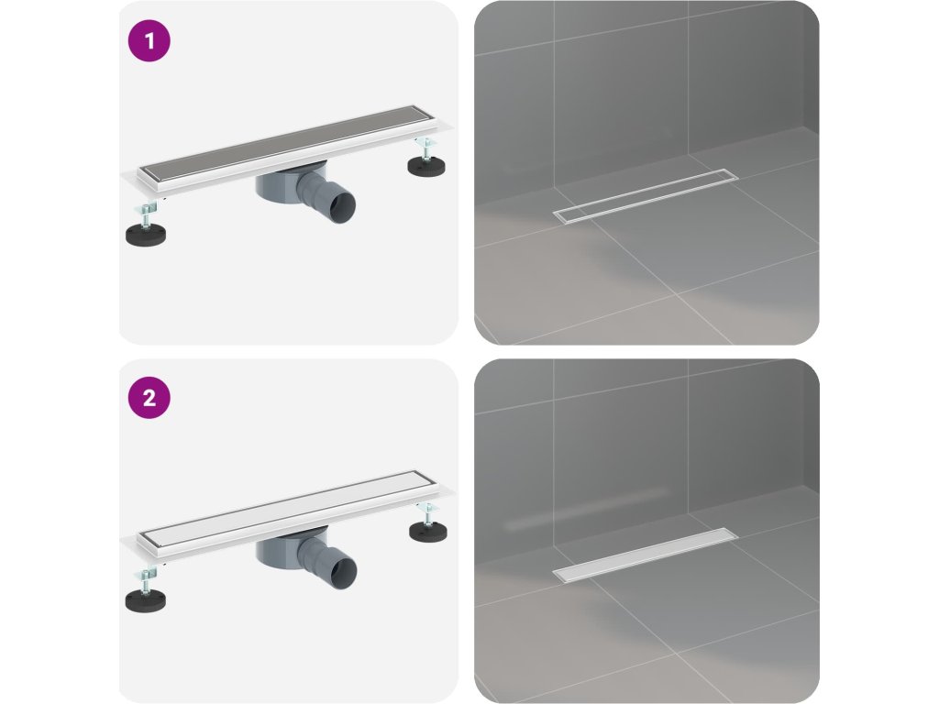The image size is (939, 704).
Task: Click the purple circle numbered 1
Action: (149, 40)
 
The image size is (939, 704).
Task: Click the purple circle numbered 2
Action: (149, 398)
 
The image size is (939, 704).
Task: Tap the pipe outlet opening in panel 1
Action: (341, 204)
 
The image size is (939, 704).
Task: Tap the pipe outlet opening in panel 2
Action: (342, 568)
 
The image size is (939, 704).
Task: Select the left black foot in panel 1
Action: (146, 234)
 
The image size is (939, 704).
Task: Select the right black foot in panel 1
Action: (426, 166)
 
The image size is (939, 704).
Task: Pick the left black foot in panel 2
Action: (146, 599)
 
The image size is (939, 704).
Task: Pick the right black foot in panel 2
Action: (429, 532)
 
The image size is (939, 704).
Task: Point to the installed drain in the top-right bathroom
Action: (646, 196)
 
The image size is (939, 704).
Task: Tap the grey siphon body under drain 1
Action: (279, 184)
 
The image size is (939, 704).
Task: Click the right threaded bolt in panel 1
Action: (426, 148)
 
